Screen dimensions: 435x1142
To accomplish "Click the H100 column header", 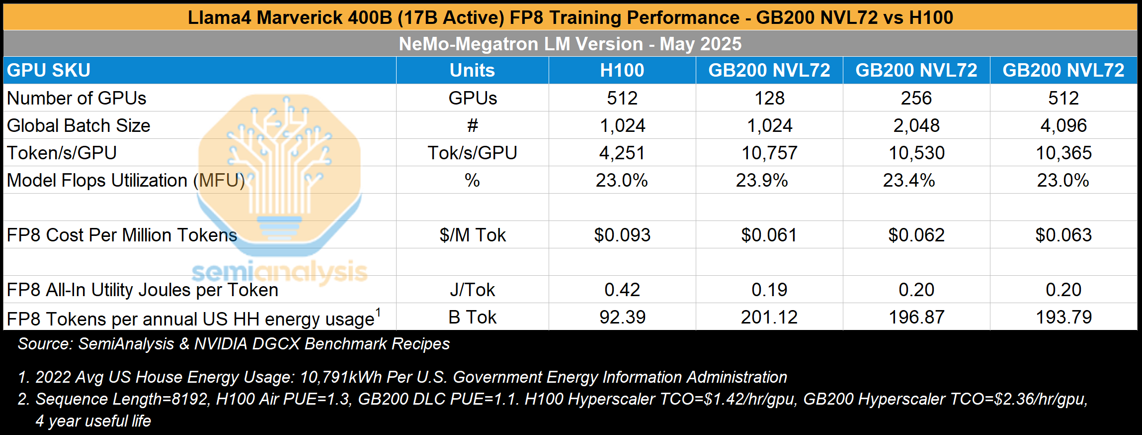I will click(622, 70).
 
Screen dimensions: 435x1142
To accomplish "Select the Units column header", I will click(472, 70).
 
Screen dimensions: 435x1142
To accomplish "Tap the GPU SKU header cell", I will click(49, 70).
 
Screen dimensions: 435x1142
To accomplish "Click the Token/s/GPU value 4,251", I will click(622, 153).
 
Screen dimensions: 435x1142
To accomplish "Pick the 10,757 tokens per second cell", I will click(769, 153).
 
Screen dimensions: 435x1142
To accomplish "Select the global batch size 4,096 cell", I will click(1063, 125).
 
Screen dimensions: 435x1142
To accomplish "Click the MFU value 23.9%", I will click(761, 180).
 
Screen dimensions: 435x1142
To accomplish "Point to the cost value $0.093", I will click(622, 235).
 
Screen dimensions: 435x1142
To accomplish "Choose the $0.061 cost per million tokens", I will click(769, 235).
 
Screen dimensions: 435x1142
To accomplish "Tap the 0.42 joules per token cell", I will click(622, 290).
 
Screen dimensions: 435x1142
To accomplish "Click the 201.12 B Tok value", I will click(769, 317).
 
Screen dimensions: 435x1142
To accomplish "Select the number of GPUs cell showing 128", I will click(769, 98).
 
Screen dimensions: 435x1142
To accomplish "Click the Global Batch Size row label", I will click(79, 125).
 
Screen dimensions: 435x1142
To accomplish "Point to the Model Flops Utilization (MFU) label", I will click(126, 180).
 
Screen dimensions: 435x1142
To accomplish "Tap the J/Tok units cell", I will click(472, 290).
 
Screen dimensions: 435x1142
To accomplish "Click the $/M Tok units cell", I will click(472, 235).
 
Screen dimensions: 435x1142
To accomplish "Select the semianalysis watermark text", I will click(279, 272).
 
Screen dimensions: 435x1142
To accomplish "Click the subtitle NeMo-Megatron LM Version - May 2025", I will click(570, 44).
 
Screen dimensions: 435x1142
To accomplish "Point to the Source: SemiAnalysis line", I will click(234, 344).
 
